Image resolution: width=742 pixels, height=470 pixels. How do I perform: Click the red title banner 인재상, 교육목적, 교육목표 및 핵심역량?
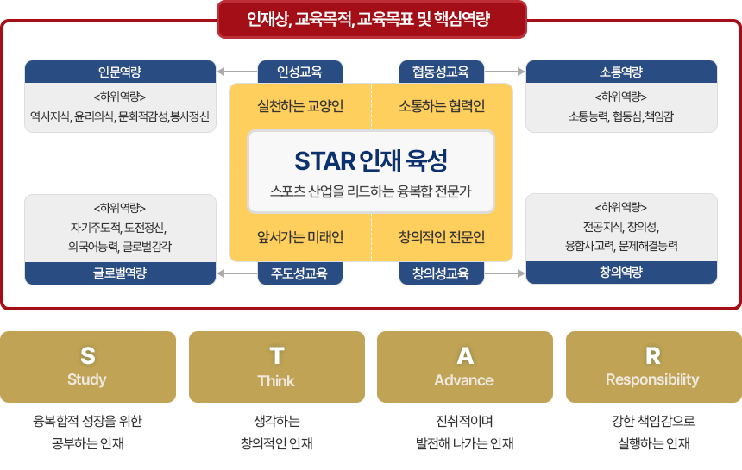coord(371,18)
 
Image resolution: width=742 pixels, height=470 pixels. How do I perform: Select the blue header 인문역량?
coord(120,72)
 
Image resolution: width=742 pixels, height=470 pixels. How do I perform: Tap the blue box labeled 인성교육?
coord(300,72)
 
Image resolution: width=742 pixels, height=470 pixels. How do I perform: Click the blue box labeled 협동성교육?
coord(441,72)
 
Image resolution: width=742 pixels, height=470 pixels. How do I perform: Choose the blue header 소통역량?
coord(621,72)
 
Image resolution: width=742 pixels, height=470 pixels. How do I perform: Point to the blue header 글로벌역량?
coord(120,273)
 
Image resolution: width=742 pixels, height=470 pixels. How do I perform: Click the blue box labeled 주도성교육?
coord(300,273)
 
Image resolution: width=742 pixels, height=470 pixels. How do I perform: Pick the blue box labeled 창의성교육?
coord(441,273)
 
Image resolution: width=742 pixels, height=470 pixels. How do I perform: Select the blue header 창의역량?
coord(621,273)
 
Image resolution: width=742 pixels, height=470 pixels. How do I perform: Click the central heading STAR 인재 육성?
coord(371,160)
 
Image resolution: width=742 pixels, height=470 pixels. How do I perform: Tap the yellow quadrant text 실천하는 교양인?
coord(300,107)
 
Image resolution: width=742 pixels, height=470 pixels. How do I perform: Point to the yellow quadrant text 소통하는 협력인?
coord(442,107)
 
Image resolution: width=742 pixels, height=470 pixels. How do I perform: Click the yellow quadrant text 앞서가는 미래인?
coord(300,236)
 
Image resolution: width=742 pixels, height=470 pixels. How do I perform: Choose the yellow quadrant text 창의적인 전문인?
coord(442,236)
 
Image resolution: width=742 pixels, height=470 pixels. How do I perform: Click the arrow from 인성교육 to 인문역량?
coord(236,72)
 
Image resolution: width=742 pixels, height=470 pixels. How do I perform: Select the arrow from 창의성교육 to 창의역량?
coord(505,273)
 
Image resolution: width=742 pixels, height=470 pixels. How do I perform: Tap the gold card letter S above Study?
coord(87,355)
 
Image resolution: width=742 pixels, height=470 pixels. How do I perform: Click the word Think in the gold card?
coord(276,380)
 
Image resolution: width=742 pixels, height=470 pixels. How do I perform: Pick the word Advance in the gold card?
coord(464,380)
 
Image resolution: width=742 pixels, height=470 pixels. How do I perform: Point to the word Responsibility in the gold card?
coord(652,379)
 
